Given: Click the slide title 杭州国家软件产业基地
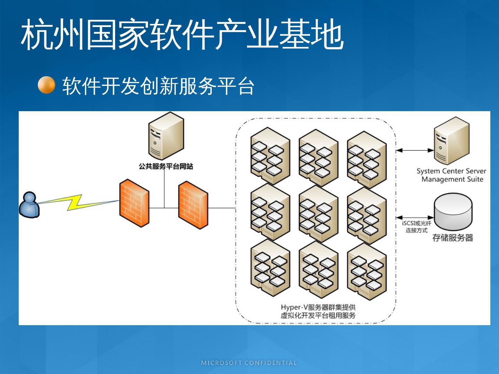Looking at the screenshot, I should point(182,35).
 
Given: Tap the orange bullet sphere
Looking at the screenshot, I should point(46,85).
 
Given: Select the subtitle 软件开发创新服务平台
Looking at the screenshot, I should point(158,86).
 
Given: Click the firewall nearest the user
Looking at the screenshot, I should point(134,203).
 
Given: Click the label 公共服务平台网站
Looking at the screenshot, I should point(166,167).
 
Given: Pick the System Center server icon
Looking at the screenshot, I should point(452,141).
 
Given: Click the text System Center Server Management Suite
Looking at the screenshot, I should point(452,175).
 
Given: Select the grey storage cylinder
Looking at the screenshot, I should point(453,211).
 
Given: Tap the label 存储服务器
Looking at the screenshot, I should point(453,238).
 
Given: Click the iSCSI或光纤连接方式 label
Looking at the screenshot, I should point(417,227).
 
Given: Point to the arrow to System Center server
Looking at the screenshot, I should point(415,150).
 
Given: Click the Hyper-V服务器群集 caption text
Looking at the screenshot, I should point(318,311).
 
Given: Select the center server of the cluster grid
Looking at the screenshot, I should point(318,214).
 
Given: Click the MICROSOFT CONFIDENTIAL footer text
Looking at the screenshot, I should point(249,363).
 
